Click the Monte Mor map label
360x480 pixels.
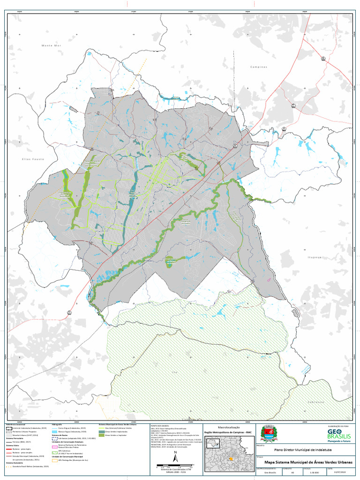52,45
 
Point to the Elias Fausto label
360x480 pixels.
33,159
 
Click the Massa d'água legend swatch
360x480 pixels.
54,432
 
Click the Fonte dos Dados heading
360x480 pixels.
158,426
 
